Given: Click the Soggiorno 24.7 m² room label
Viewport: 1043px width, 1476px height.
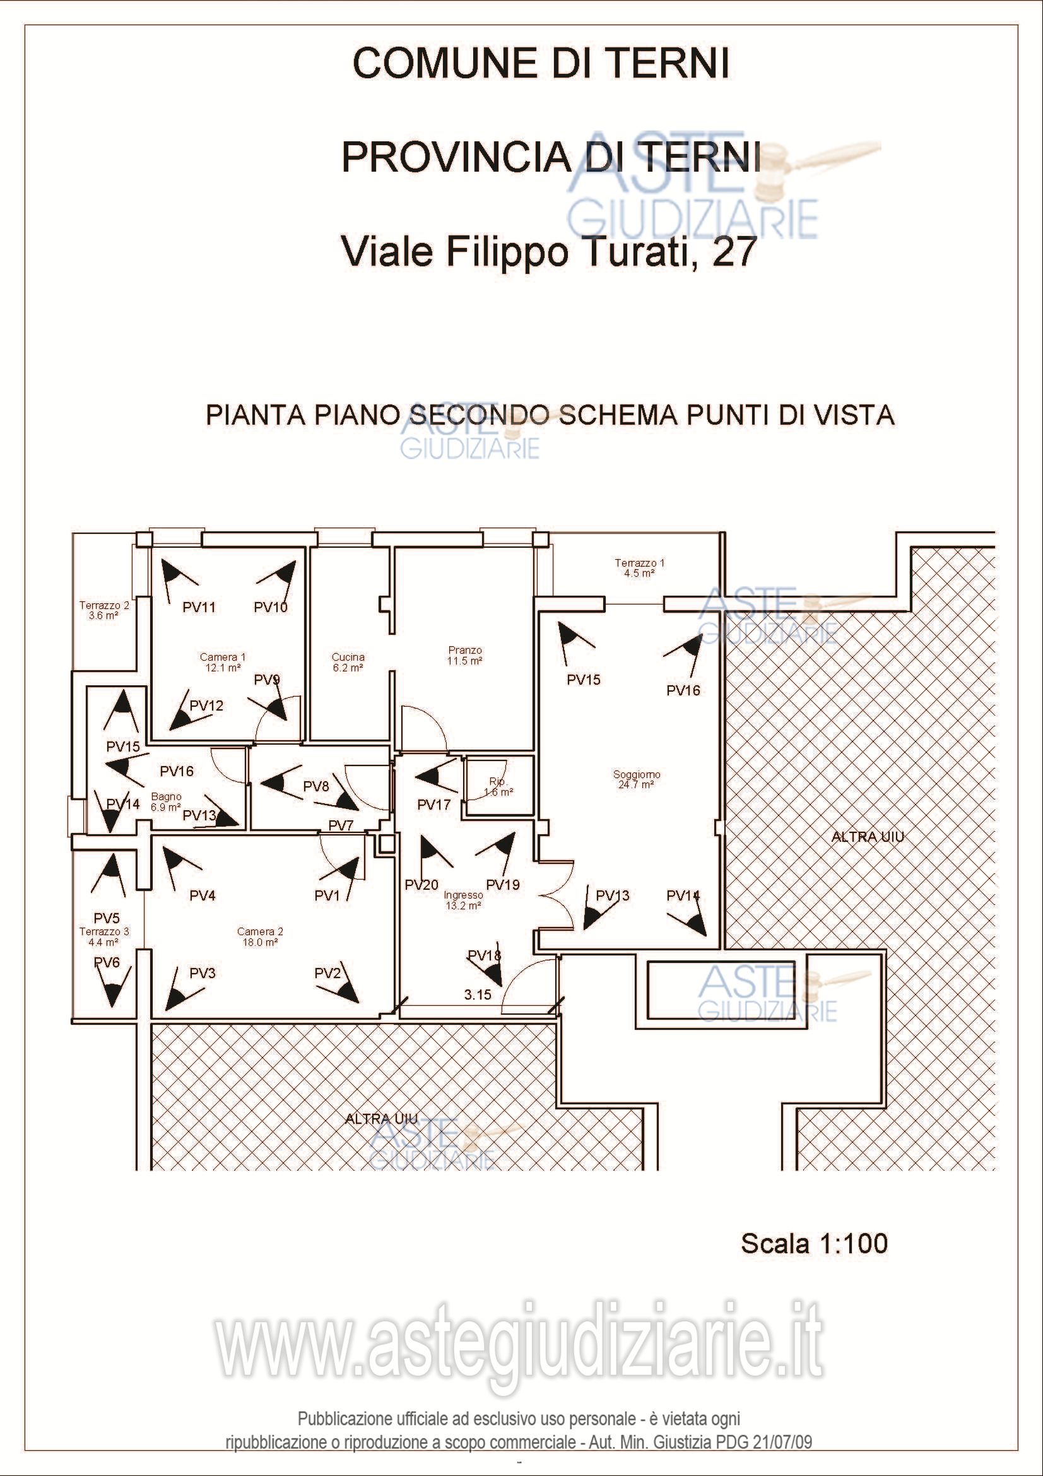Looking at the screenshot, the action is coord(636,779).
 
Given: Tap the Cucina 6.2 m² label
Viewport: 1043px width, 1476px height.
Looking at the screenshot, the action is coord(348,662).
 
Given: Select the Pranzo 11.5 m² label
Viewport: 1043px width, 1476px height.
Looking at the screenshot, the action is coord(464,655).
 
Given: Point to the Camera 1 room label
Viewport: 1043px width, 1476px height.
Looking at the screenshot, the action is coord(222,662).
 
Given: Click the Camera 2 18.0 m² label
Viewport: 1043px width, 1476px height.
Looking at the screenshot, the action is coord(259,936).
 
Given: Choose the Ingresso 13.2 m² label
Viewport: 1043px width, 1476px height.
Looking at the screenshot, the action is coord(463,900).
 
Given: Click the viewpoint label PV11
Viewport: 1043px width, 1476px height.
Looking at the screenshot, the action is coord(199,607).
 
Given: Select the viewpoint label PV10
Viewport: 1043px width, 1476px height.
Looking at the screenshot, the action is coord(271,607).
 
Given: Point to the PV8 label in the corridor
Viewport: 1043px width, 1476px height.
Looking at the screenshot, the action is coord(316,786).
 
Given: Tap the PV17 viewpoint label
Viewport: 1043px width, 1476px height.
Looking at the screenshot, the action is coord(433,804).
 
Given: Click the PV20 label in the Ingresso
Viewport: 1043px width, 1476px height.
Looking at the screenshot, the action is coord(421,885).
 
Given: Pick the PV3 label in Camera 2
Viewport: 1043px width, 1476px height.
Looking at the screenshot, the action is coord(203,973).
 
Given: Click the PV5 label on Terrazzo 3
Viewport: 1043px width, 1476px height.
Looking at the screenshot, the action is coord(107,918).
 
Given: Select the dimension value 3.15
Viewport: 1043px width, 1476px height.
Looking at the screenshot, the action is coord(478,995).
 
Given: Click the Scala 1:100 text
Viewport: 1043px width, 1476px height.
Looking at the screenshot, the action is coord(814,1243).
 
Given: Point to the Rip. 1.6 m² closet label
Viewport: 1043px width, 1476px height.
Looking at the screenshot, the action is coord(498,787).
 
